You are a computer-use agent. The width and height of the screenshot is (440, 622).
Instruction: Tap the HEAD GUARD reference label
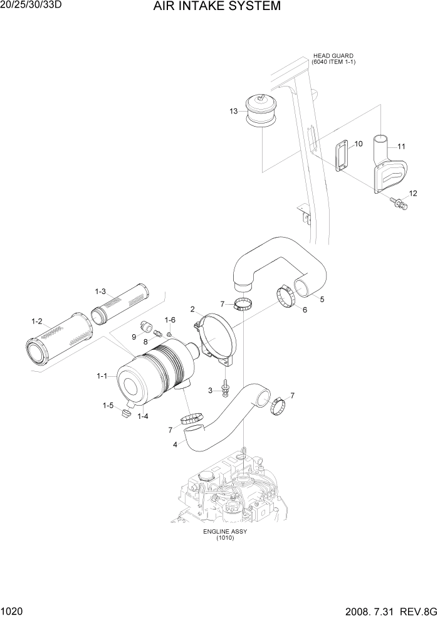333,58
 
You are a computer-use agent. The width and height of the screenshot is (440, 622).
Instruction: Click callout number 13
233,111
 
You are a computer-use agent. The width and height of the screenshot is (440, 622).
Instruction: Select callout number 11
401,147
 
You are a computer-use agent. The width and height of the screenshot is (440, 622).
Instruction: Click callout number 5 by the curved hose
322,299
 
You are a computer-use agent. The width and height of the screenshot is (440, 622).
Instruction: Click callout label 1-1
102,376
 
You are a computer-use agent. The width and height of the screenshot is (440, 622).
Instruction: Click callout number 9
134,337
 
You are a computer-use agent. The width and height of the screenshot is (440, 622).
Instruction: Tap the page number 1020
12,612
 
